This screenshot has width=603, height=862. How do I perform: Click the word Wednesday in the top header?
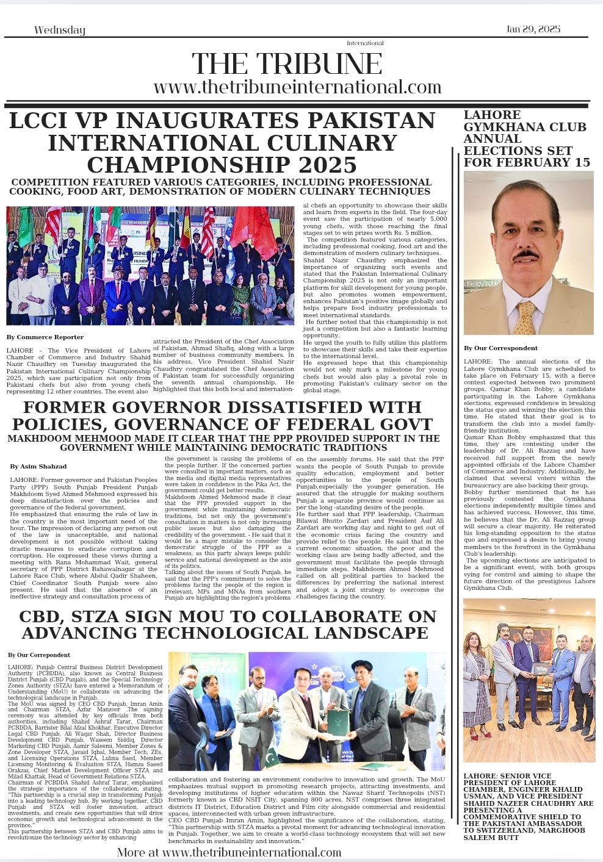[60, 30]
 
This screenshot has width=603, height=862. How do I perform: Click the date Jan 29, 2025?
[533, 29]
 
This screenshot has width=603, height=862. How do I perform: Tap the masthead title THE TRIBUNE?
[287, 64]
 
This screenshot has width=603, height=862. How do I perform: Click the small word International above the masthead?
[365, 43]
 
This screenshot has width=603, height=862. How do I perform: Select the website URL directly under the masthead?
[297, 87]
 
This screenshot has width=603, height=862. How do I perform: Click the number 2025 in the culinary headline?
[327, 165]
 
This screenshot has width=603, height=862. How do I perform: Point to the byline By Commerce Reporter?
[45, 337]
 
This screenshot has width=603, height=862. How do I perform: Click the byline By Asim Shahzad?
[38, 466]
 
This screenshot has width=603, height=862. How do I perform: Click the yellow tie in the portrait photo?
[524, 317]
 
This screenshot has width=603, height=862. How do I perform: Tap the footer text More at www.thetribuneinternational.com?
[229, 852]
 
